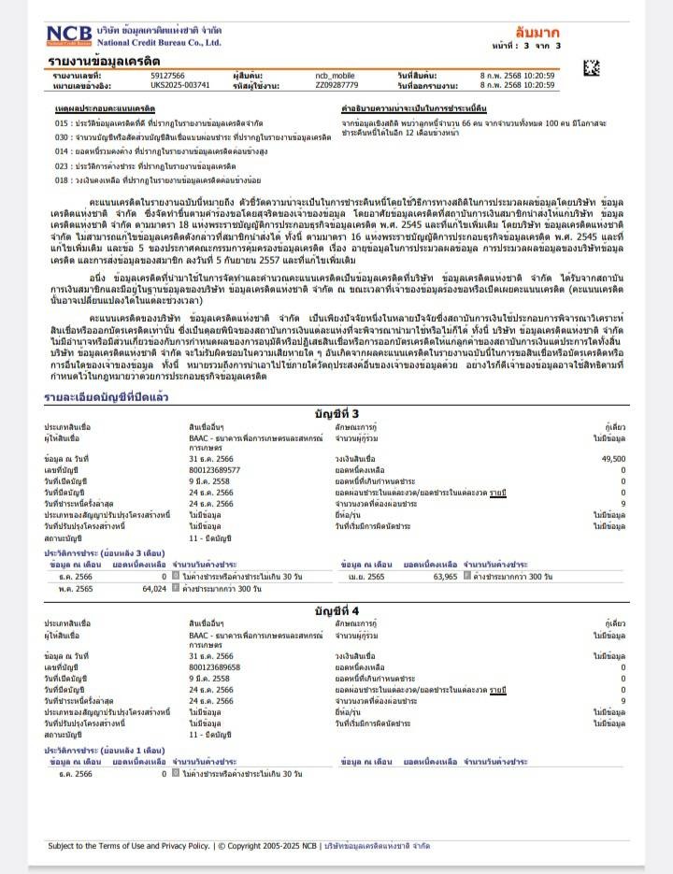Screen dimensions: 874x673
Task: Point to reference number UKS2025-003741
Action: tap(179, 85)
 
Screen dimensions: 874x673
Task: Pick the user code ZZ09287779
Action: tap(337, 85)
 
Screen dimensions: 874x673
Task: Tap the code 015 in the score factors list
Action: tap(62, 122)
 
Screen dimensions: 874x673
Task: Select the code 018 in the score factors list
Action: tap(62, 179)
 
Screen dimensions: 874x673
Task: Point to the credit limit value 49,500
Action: tap(613, 459)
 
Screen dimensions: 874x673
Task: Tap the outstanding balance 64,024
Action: tap(153, 589)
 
